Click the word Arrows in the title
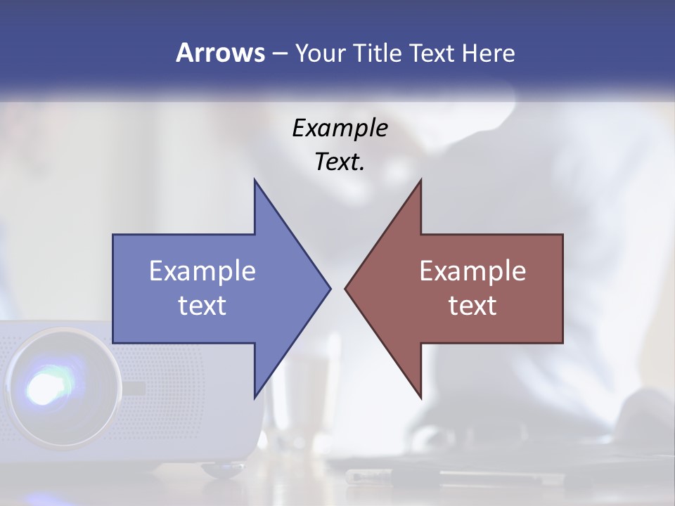pos(220,53)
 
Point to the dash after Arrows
pos(279,53)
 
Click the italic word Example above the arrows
pos(340,129)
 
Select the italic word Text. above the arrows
pos(340,162)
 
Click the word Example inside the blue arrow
pos(202,271)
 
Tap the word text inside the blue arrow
pos(202,306)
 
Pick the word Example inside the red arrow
pos(472,271)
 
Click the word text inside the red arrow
pos(472,306)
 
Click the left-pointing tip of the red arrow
pos(346,288)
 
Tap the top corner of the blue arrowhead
pos(255,181)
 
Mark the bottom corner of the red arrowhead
pos(420,397)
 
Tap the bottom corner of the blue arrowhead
pos(255,397)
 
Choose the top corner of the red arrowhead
pos(420,181)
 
